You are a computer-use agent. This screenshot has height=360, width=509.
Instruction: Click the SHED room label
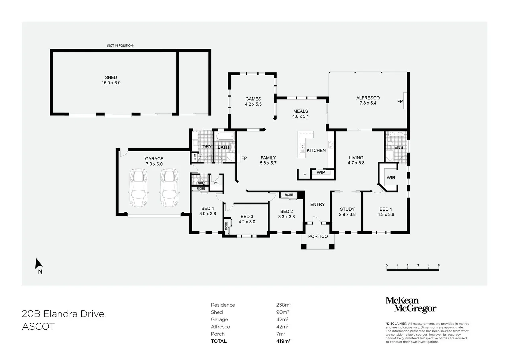tap(111, 77)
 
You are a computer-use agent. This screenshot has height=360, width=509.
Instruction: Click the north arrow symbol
tap(39, 264)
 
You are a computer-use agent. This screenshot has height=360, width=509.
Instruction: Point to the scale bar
tap(412, 270)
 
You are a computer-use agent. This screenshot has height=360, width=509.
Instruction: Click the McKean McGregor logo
tap(411, 305)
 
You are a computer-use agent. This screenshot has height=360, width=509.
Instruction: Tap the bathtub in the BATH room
tap(225, 136)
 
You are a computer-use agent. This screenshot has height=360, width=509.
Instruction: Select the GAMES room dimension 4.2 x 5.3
tap(253, 104)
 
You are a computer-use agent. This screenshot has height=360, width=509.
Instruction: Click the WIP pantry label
tap(321, 173)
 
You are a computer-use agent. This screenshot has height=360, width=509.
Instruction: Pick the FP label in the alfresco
tap(400, 101)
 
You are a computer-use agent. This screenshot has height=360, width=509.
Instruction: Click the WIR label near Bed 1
tap(391, 178)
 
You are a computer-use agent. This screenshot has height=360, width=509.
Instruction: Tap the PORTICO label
tap(318, 236)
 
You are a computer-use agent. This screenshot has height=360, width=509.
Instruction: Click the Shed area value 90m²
tap(282, 312)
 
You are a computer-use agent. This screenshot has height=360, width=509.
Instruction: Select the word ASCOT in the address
tap(38, 327)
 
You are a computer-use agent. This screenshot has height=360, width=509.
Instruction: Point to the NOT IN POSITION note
tap(120, 45)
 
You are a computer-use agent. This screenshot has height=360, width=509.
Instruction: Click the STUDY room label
tap(347, 209)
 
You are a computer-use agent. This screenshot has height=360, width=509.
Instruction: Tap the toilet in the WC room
tap(196, 180)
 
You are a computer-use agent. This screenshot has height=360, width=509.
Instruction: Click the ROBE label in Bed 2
tap(289, 195)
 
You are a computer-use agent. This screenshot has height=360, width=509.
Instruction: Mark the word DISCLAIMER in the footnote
tap(396, 324)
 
